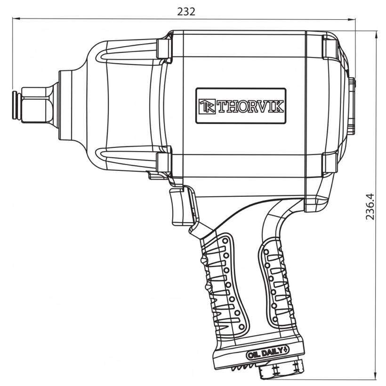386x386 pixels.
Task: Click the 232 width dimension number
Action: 186,12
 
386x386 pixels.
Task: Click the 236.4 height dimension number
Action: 370,207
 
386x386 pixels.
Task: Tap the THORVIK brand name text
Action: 250,106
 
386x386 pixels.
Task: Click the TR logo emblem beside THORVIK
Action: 207,106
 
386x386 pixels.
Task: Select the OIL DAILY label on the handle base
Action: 267,354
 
